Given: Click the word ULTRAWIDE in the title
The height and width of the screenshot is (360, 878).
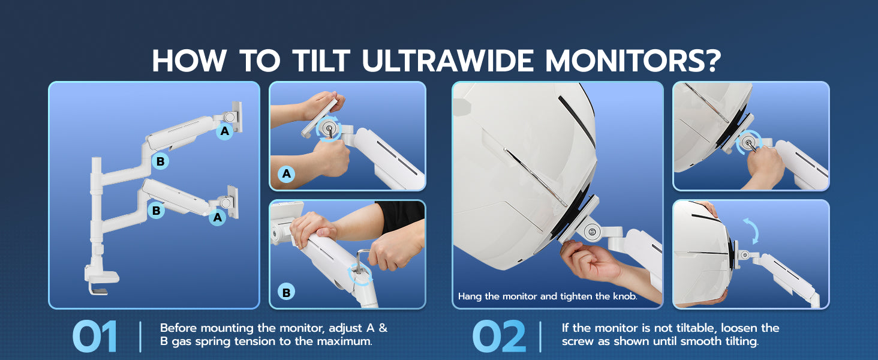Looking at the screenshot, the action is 447,61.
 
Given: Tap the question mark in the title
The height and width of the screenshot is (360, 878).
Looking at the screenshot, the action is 710,61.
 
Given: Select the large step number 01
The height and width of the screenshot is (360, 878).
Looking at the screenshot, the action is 95,337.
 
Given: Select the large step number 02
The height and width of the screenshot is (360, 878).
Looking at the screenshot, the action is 499,337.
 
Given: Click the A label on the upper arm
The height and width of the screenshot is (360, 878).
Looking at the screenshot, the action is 224,131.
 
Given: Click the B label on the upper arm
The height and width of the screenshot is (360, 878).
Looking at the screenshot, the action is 160,161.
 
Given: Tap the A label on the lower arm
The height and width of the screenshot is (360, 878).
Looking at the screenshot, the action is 218,217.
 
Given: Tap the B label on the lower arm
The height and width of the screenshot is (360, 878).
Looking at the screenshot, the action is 156,211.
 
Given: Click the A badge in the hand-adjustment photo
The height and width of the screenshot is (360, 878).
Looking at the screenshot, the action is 287,174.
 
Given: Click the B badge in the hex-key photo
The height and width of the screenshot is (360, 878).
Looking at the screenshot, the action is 287,292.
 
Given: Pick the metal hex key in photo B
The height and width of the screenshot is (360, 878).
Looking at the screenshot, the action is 362,261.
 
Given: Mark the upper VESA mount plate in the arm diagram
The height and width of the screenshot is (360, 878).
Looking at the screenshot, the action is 237,116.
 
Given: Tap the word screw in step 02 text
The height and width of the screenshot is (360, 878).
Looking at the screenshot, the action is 578,341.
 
